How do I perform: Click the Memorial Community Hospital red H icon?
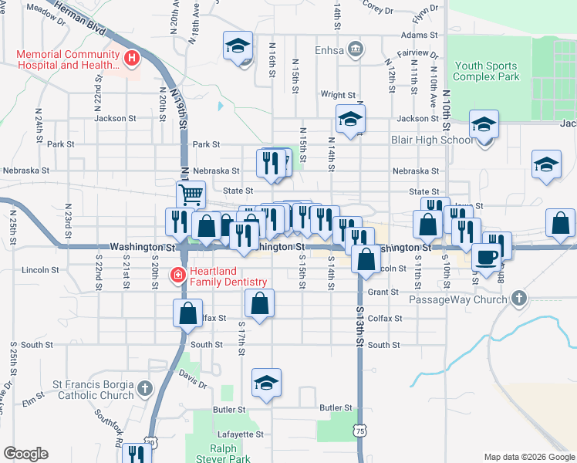tap(132, 57)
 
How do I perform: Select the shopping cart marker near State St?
tap(191, 193)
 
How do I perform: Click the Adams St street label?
tap(419, 35)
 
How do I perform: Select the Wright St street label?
tap(337, 95)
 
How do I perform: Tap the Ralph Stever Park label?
tap(230, 453)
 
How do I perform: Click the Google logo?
tap(26, 454)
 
